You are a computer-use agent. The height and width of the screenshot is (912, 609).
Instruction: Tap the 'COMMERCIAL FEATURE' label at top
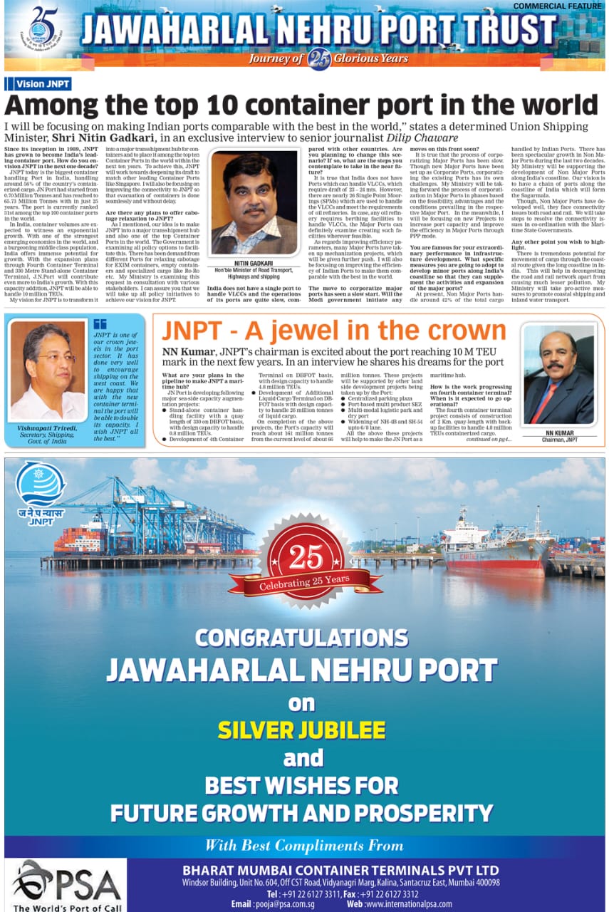(x=558, y=6)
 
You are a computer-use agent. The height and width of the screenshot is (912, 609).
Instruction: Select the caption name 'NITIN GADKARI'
(x=253, y=264)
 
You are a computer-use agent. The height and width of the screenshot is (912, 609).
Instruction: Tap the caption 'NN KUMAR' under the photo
(x=559, y=433)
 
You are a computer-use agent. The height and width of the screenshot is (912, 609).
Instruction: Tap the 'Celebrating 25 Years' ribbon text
(x=305, y=583)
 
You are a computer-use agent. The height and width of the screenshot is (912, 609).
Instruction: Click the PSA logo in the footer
(x=66, y=884)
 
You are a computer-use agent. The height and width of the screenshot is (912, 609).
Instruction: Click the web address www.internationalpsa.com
(x=409, y=903)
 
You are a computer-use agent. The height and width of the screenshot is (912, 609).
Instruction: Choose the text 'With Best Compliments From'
(x=303, y=846)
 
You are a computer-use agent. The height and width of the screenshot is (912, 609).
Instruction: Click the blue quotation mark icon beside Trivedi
(x=100, y=324)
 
